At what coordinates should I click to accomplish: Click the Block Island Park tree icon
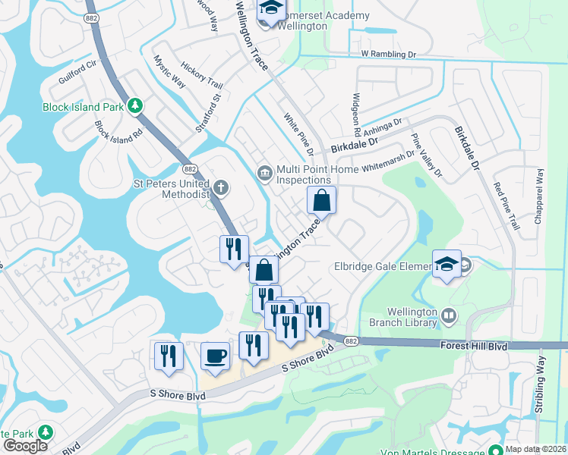coord(135,106)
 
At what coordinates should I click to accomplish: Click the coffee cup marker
coord(216,356)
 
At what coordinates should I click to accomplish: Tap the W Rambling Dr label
coord(390,54)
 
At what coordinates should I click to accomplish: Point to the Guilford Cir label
coord(77,72)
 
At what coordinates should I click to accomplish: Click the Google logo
coord(25,446)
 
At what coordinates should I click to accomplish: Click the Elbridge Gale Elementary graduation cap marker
coord(447,263)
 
